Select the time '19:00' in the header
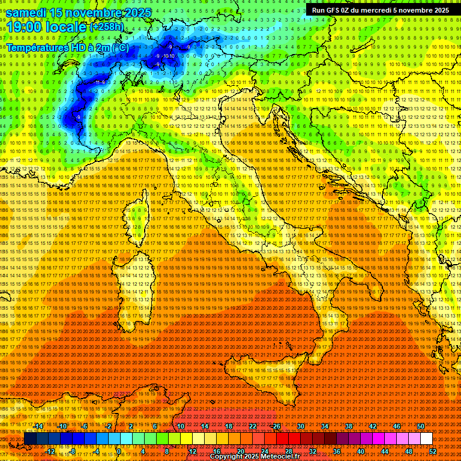click(x=23, y=27)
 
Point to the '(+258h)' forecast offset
click(x=107, y=27)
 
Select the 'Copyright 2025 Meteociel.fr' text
click(x=255, y=457)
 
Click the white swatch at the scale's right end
click(x=426, y=439)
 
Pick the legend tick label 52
click(x=433, y=451)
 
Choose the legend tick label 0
click(x=119, y=451)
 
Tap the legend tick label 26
click(x=277, y=426)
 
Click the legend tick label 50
click(x=420, y=426)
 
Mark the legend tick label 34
click(x=325, y=426)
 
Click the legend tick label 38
click(x=349, y=426)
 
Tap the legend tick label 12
click(x=193, y=451)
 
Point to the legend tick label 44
click(x=385, y=451)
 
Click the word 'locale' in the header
click(x=67, y=27)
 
